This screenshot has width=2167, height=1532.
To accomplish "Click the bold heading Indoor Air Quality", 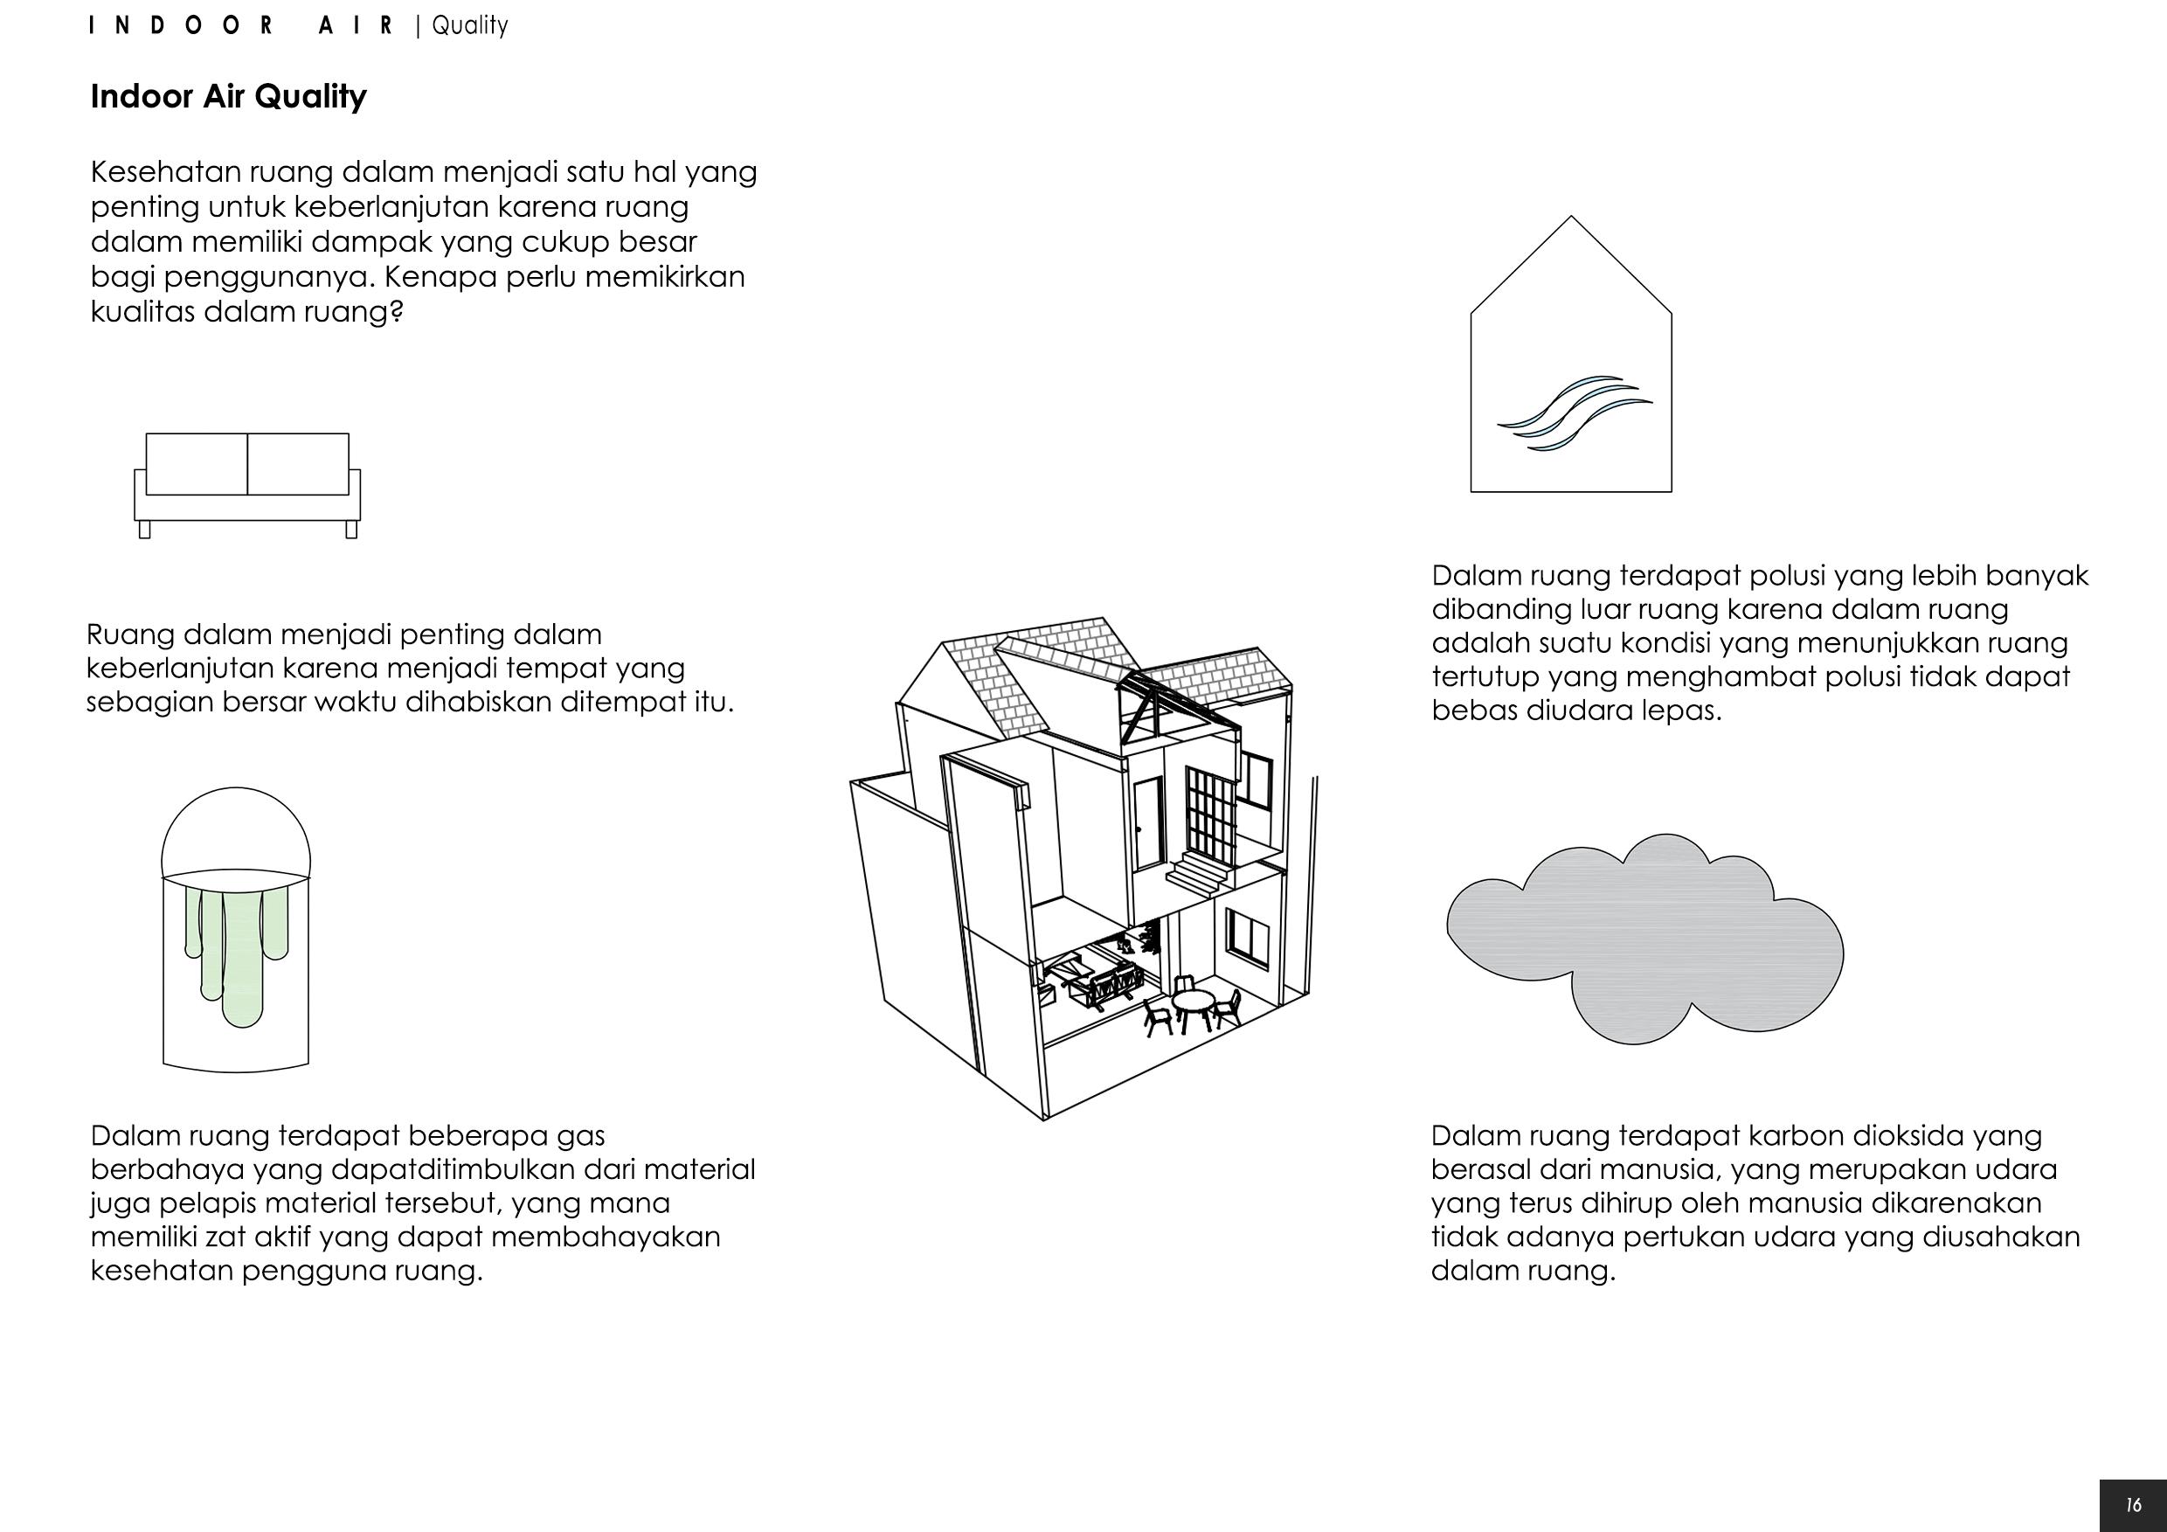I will [227, 96].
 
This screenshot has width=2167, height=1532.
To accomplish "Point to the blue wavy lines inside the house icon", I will [1575, 412].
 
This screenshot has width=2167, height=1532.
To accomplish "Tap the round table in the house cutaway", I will [1194, 1002].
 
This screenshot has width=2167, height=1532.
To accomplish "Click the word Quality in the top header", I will [469, 25].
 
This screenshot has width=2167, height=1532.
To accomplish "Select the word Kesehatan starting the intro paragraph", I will [164, 172].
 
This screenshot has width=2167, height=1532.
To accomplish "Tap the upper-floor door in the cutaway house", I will [1147, 824].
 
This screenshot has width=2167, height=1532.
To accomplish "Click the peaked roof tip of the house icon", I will [1570, 219].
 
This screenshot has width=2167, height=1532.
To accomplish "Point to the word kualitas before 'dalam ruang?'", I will [142, 311].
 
